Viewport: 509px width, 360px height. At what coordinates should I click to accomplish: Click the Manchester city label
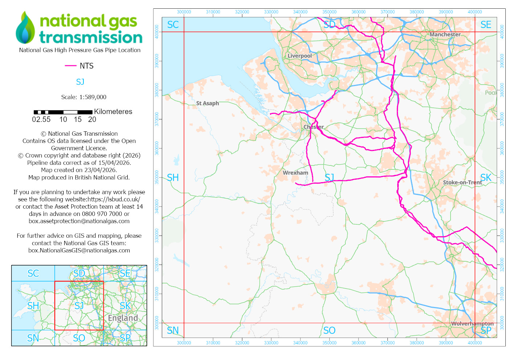(445, 34)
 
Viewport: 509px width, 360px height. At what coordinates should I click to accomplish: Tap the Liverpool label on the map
(299, 56)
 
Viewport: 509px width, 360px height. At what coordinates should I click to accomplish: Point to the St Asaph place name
(208, 103)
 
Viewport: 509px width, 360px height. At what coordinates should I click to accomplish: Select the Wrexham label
(295, 173)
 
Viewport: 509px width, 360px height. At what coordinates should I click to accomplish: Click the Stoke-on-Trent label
(462, 182)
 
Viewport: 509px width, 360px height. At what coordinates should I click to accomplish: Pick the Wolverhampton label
(472, 323)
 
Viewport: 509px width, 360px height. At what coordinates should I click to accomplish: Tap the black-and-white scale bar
(63, 112)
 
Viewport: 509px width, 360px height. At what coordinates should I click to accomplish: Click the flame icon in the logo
(25, 28)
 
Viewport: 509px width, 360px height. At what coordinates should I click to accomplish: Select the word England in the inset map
(123, 318)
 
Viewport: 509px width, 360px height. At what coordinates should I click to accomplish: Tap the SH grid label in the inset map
(33, 306)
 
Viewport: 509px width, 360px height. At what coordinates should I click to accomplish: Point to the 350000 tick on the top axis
(329, 12)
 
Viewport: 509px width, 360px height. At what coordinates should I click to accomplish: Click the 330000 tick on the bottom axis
(271, 343)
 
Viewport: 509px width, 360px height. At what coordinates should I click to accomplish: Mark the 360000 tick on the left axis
(157, 148)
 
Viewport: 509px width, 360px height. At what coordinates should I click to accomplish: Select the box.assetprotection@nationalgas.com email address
(79, 221)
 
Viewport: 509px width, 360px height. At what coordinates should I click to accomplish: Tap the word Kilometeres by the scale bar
(113, 111)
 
